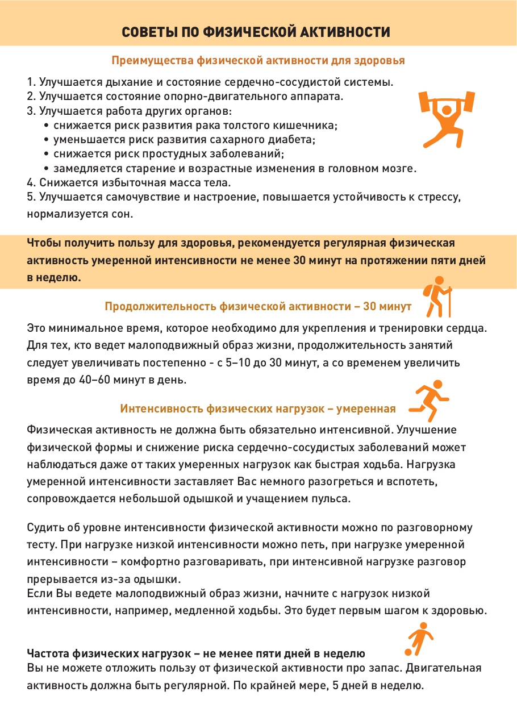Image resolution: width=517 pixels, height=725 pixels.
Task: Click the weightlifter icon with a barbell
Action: [446, 118]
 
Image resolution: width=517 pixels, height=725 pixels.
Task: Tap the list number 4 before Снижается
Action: [30, 183]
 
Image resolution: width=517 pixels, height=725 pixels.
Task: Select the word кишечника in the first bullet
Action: [308, 125]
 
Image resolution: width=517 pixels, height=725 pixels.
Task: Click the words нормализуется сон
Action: [80, 215]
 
